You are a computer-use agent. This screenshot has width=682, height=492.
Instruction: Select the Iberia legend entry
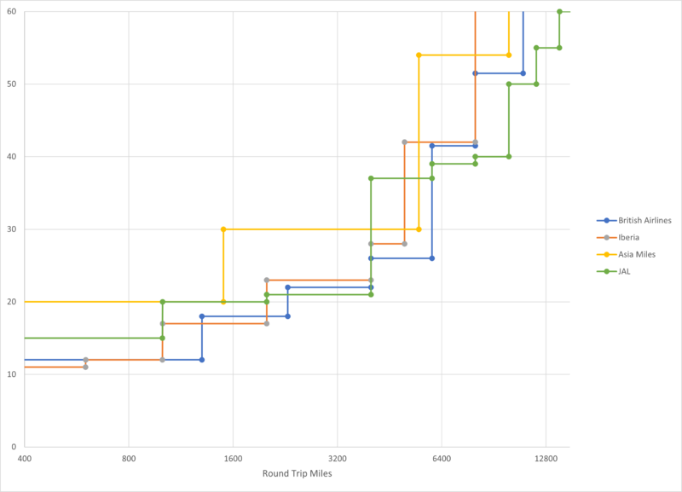[x=630, y=237]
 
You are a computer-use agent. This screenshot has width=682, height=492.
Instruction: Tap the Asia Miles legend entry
[x=637, y=254]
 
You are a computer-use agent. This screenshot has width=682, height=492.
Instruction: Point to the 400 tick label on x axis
[x=25, y=458]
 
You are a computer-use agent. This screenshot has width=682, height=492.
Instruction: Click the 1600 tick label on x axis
[x=233, y=458]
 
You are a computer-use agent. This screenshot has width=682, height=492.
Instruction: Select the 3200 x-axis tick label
[x=337, y=458]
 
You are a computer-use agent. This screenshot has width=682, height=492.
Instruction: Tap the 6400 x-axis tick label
[x=441, y=458]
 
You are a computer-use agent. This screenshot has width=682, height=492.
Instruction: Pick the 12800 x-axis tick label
[x=546, y=458]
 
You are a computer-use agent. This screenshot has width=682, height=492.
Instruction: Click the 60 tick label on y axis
[x=13, y=12]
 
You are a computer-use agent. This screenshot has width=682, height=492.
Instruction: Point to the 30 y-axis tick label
[x=13, y=229]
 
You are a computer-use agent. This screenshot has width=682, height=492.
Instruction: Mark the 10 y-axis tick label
[x=13, y=374]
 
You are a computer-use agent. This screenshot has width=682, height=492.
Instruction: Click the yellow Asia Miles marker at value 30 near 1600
[x=223, y=229]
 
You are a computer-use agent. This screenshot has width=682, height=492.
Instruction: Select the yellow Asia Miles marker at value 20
[x=223, y=302]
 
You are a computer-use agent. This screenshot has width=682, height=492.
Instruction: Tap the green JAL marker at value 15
[x=162, y=338]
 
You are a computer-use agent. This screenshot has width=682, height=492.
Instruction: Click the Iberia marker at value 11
[x=85, y=367]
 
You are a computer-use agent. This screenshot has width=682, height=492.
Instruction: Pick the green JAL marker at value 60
[x=559, y=12]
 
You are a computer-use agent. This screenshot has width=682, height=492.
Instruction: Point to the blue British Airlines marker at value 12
[x=202, y=360]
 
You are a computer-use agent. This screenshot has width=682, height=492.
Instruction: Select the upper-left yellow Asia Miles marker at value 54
[x=419, y=55]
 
